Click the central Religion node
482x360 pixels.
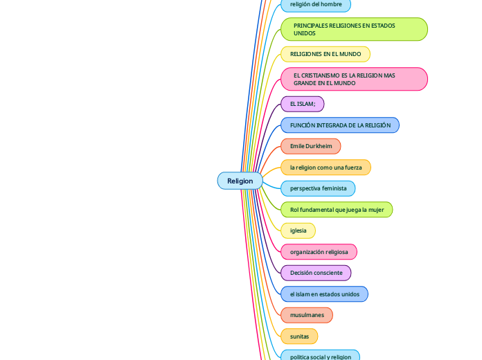240,181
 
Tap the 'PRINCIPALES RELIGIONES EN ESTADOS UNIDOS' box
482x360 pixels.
354,29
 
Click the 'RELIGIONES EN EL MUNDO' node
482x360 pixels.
325,54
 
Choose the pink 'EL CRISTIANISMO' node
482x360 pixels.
354,79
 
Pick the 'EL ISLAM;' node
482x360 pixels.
302,104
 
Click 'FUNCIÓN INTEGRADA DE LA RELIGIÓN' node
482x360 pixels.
339,125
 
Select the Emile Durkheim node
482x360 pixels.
310,146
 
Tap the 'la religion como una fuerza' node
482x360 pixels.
325,168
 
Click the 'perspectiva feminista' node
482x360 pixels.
318,188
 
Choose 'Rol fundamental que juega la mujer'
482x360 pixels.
337,209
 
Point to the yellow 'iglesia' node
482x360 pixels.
298,231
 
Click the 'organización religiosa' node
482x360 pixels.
319,252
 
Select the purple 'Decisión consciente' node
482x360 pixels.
316,273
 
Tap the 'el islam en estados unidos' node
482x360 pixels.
324,294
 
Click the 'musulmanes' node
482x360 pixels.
307,315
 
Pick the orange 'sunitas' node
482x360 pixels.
299,336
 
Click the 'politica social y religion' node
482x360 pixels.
320,356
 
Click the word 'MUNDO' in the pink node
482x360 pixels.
344,83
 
